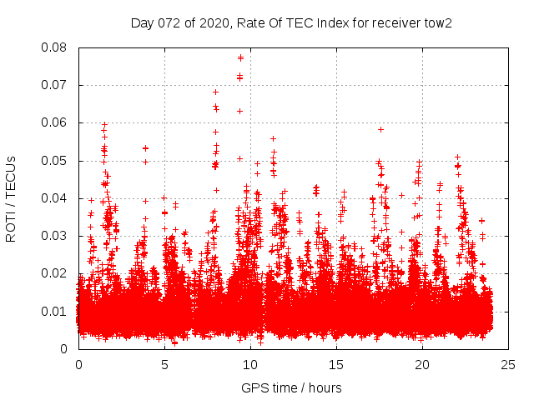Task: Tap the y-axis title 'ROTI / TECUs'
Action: (x=11, y=197)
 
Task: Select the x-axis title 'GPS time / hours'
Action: (x=291, y=387)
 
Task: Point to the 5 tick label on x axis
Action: (x=164, y=364)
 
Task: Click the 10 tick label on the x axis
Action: (x=250, y=364)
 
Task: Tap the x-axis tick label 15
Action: (x=336, y=364)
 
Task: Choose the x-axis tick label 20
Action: (x=422, y=364)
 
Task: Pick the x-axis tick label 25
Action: (x=509, y=364)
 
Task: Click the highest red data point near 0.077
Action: (x=240, y=57)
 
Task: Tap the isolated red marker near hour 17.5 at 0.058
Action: (x=380, y=129)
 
